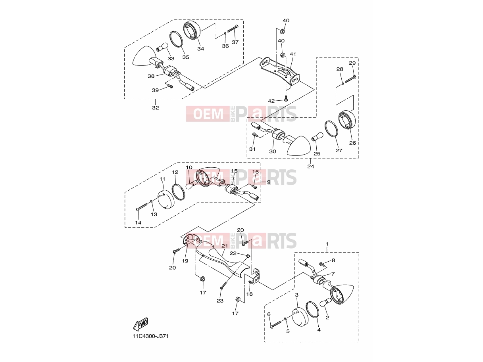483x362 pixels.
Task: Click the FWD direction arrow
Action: click(x=140, y=324)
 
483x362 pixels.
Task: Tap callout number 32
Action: click(x=155, y=108)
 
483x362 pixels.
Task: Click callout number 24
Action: click(x=311, y=167)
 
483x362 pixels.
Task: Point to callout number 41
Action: click(x=293, y=54)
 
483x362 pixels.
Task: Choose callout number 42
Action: click(x=271, y=101)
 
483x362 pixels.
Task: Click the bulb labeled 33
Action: click(x=162, y=47)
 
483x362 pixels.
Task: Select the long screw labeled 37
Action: click(x=233, y=29)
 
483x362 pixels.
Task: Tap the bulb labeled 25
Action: click(x=317, y=137)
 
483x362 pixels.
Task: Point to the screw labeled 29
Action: click(x=350, y=79)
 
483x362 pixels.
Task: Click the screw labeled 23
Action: click(x=223, y=286)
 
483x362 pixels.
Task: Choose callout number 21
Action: click(x=225, y=246)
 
